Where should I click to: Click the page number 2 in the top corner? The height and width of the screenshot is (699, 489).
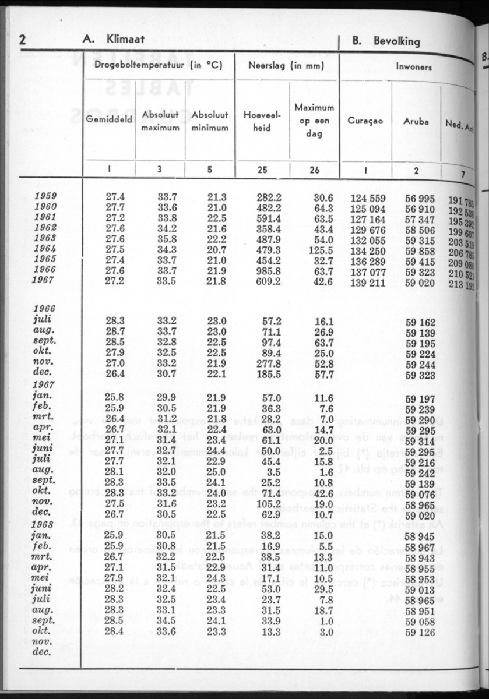(x=23, y=40)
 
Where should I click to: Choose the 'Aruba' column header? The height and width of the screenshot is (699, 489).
(x=416, y=121)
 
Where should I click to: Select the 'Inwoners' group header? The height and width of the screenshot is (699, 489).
(x=414, y=67)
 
